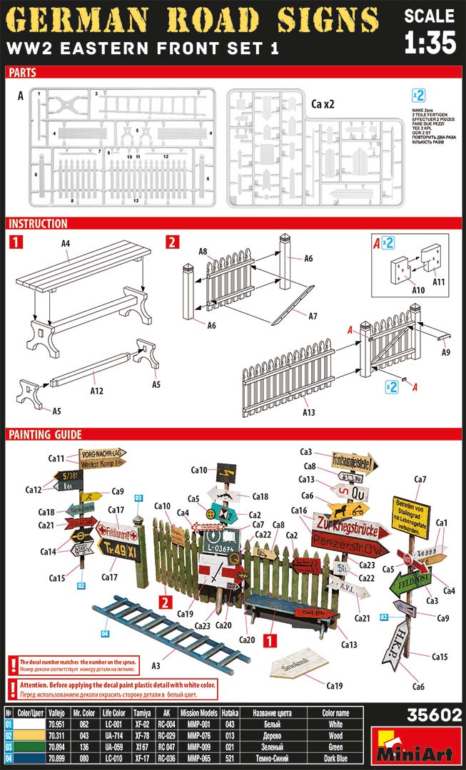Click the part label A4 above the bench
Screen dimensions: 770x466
(66, 243)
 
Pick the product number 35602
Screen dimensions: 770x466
(433, 715)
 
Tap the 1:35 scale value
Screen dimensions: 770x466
(429, 43)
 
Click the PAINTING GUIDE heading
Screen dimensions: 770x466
(46, 434)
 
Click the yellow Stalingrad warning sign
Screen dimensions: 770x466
(410, 516)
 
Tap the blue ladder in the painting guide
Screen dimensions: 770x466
(165, 631)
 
